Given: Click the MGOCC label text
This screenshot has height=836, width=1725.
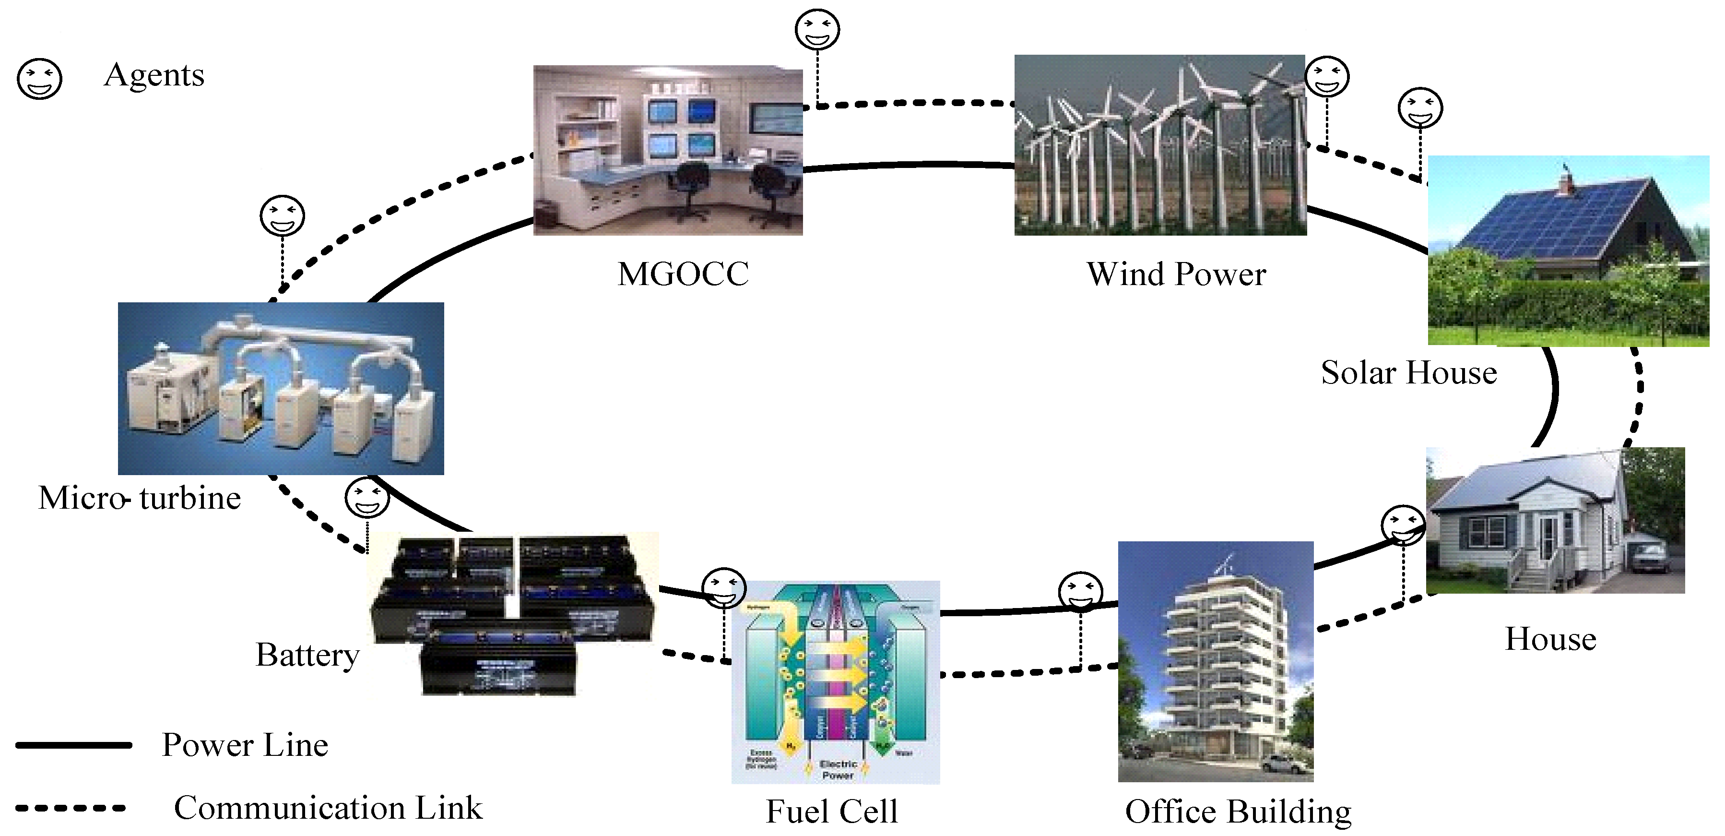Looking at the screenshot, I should coord(683,274).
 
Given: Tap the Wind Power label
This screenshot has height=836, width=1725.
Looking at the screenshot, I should coord(1176,274).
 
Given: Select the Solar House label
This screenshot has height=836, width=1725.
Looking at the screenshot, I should coord(1408,372).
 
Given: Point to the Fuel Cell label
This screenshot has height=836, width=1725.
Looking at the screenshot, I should coord(832,811).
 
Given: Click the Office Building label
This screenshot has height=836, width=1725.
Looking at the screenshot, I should coord(1238,811).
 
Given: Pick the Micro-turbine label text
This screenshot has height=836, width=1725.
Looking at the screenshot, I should coord(139,498).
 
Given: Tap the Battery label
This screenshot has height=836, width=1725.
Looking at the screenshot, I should coord(307,655).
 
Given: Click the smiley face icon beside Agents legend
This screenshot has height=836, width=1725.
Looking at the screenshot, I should coord(39,79).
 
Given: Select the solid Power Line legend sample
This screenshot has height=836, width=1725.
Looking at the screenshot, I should coord(74,745).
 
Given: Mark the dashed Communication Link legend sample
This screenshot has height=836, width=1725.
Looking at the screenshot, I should coord(71,808).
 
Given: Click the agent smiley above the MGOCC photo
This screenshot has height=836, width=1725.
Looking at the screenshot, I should coord(817,29).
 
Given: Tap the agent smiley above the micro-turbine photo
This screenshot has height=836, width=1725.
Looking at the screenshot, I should coord(282,215).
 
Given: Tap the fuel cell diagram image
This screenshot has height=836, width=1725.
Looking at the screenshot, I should coord(836,682).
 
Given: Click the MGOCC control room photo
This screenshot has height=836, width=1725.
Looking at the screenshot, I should coord(668,150).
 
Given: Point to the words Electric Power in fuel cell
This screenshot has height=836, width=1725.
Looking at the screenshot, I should coord(838,769).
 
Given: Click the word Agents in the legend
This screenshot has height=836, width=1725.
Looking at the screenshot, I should coord(154,75).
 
